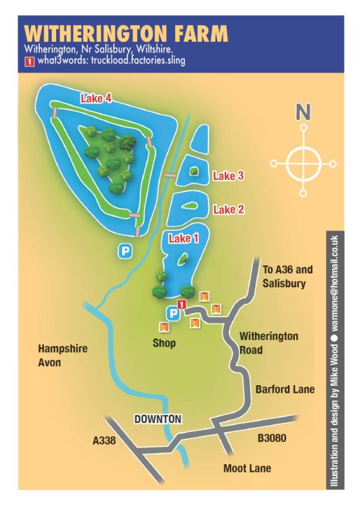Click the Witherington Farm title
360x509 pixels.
[x=126, y=33]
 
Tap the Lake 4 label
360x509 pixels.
[x=96, y=98]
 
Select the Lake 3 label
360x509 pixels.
[x=228, y=176]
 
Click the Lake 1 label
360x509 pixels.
[x=183, y=238]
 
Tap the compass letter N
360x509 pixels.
[x=303, y=113]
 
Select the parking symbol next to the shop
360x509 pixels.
[x=172, y=313]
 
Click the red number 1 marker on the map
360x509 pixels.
[x=182, y=306]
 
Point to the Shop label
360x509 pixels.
[x=164, y=344]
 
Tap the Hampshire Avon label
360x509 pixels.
[x=63, y=355]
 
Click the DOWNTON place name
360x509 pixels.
[x=158, y=419]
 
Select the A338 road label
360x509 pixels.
[x=104, y=441]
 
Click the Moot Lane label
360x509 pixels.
[x=247, y=468]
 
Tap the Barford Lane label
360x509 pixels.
[x=285, y=390]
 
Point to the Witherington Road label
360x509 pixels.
[x=268, y=343]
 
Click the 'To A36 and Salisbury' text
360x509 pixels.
[x=287, y=277]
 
